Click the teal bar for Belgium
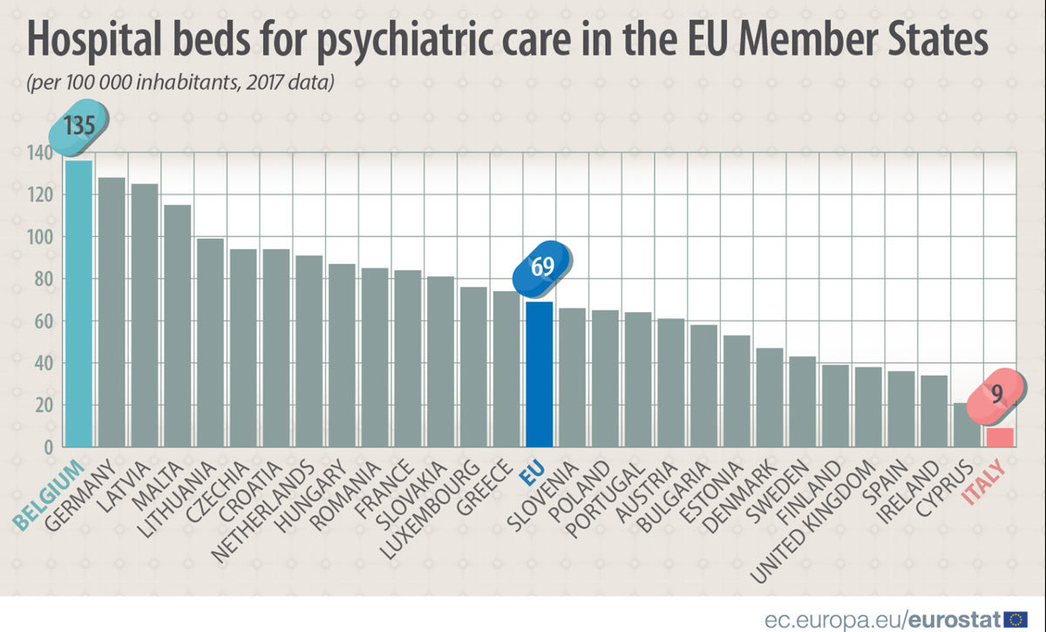(78, 305)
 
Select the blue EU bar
(539, 375)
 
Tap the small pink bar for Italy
(1000, 438)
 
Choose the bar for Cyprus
(967, 425)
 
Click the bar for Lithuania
(210, 343)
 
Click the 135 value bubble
(80, 127)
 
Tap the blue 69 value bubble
(542, 267)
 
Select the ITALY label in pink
(983, 483)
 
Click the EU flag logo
(1016, 619)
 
